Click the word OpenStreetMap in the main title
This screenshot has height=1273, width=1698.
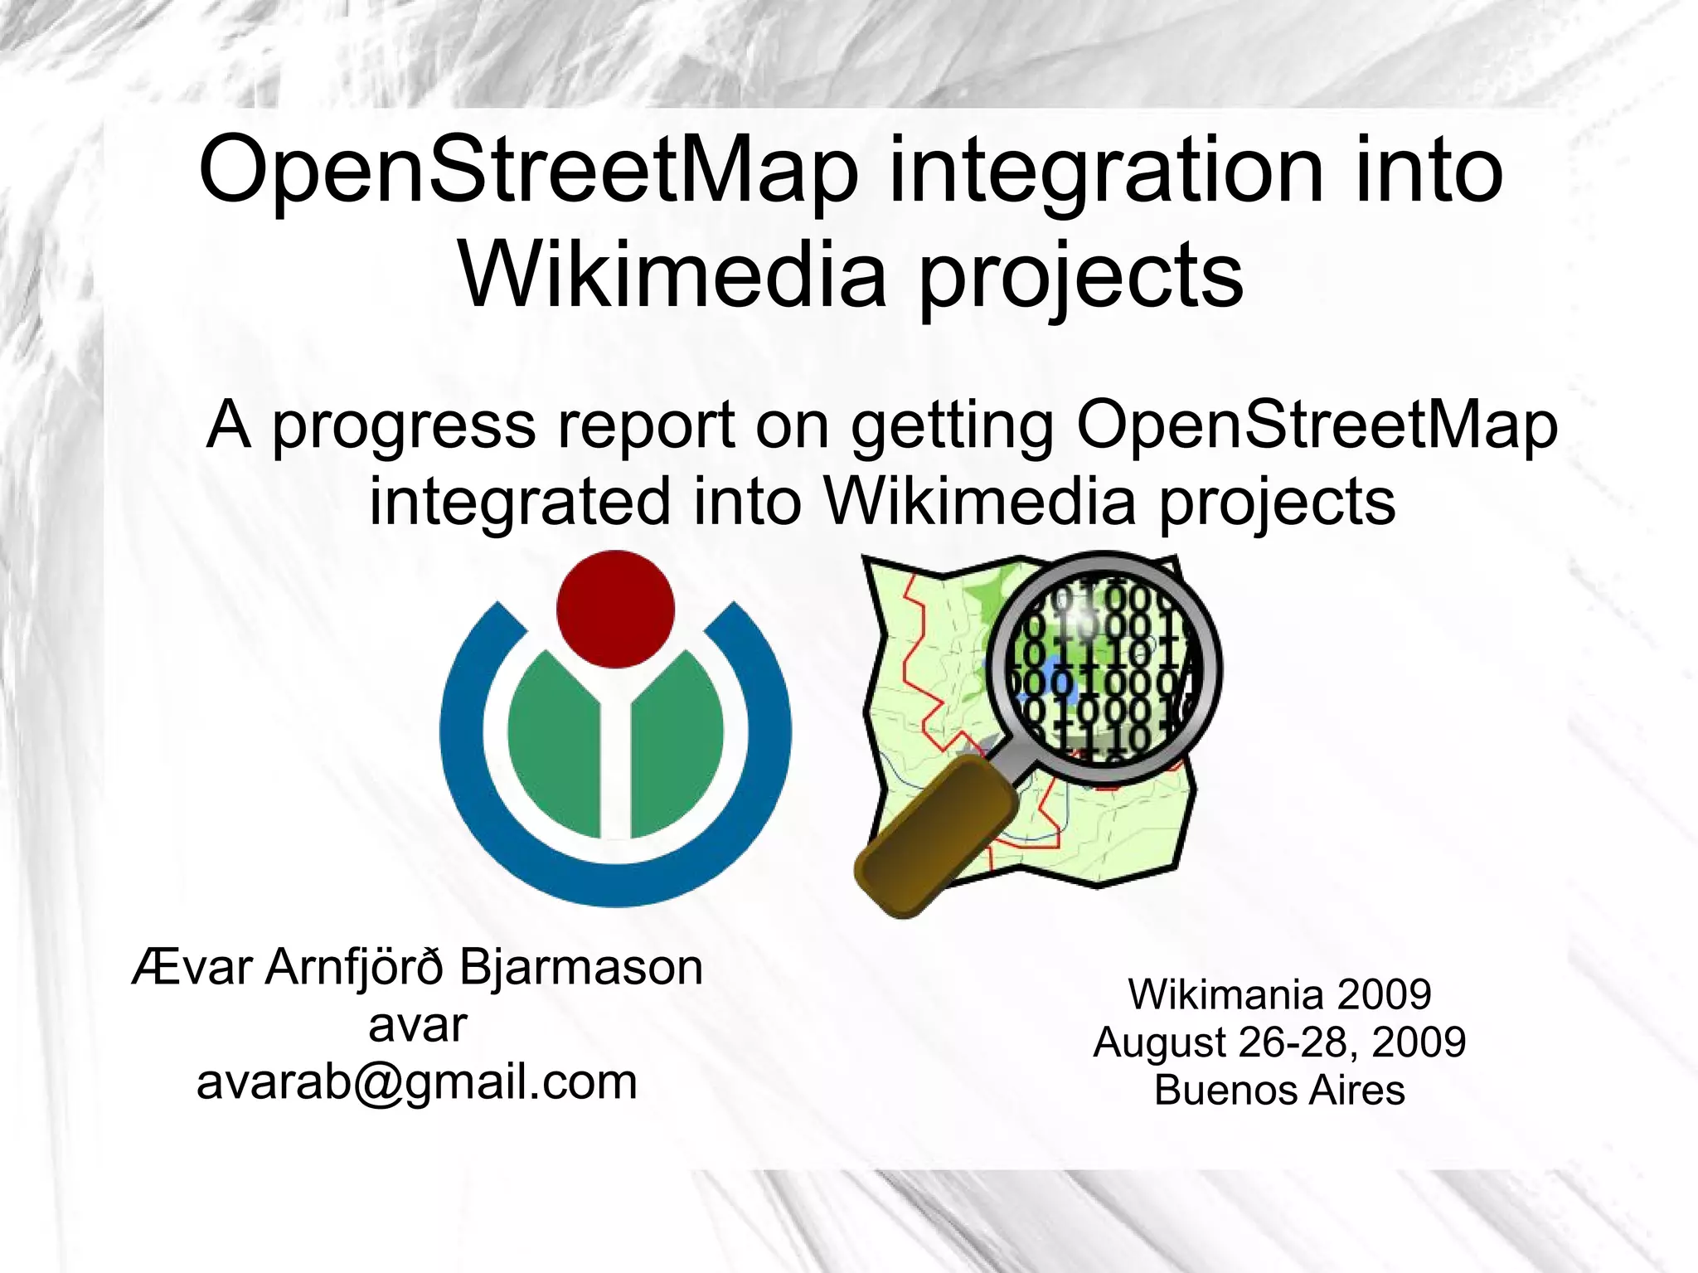click(x=529, y=172)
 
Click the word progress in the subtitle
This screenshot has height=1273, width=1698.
click(x=405, y=425)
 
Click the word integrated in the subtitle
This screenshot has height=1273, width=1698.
click(x=520, y=502)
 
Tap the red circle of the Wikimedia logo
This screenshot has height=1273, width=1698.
click(x=615, y=609)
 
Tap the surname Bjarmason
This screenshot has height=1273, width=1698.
click(x=580, y=967)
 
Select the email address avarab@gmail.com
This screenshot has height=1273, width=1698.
click(x=417, y=1082)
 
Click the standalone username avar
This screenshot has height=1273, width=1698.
click(x=417, y=1026)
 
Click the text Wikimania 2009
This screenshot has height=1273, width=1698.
click(x=1279, y=994)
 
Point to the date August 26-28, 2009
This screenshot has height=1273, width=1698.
click(x=1279, y=1042)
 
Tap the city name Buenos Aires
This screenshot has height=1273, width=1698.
click(x=1279, y=1090)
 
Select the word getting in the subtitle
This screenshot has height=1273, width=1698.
click(x=953, y=425)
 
